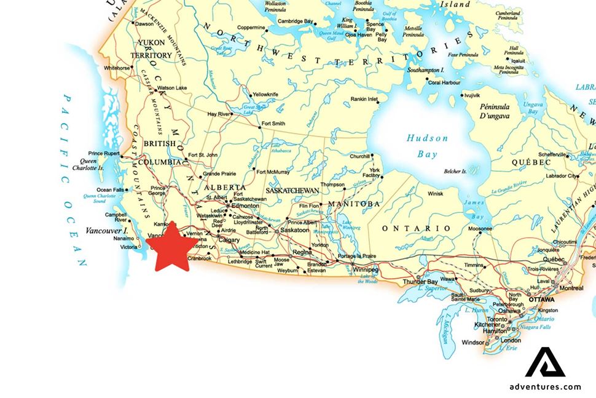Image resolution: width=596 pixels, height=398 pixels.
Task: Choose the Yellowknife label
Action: [x=265, y=94]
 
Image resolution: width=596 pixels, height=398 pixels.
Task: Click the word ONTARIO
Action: [x=416, y=228]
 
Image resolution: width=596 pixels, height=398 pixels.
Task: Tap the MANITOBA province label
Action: [x=354, y=204]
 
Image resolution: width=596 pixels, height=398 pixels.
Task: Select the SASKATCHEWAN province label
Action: [x=293, y=191]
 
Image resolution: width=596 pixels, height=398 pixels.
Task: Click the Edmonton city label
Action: [x=245, y=207]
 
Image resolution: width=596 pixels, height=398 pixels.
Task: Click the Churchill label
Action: [x=359, y=156]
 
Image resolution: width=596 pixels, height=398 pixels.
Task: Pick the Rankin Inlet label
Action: [x=364, y=99]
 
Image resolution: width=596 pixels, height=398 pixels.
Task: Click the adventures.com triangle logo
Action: [x=545, y=362]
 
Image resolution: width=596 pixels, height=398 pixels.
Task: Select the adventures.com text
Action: [x=545, y=386]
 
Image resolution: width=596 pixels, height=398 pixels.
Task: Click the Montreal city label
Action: [x=571, y=288]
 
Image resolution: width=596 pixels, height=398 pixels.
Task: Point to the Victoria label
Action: [x=129, y=247]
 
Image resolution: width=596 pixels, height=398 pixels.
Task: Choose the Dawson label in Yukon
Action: [x=144, y=24]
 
